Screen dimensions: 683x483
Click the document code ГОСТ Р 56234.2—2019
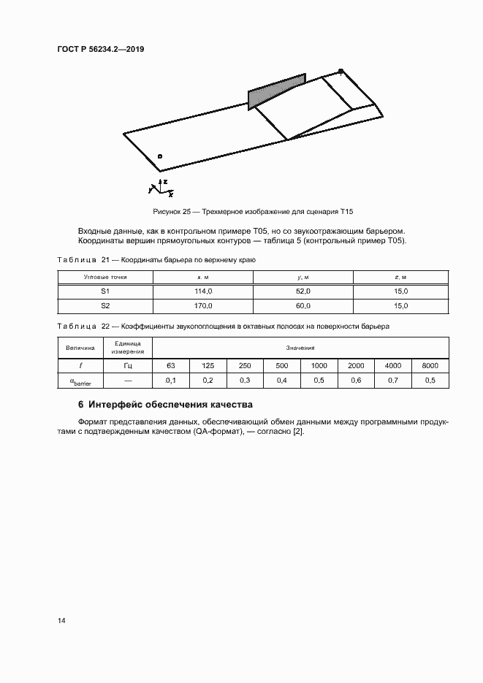(x=107, y=50)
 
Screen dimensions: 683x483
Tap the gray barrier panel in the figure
(x=276, y=91)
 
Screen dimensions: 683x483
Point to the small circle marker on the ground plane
(x=160, y=156)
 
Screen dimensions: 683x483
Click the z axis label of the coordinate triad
(x=166, y=180)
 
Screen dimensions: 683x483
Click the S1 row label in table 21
(x=105, y=291)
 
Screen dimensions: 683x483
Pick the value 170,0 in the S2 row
(x=202, y=306)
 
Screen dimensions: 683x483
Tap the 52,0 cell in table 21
(x=303, y=291)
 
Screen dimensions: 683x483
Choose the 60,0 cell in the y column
(x=303, y=306)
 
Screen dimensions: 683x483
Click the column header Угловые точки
(x=105, y=276)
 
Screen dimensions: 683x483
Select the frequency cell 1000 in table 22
(x=319, y=365)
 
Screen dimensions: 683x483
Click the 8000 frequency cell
(x=430, y=365)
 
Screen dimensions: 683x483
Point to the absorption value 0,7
(x=392, y=381)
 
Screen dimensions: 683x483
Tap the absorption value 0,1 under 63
(x=171, y=381)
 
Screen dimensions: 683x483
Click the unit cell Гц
(x=128, y=365)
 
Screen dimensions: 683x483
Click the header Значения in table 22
(x=300, y=348)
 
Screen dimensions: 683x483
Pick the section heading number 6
(x=80, y=404)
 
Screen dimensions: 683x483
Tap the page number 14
(x=61, y=621)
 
